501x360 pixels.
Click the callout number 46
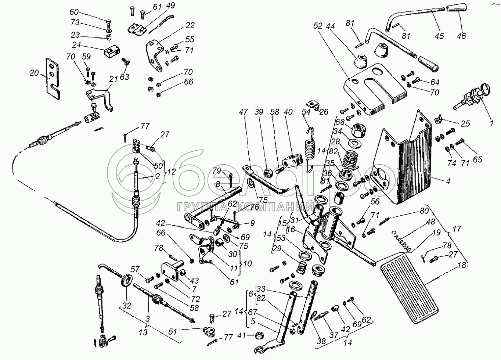coord(461,36)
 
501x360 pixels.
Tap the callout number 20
coord(34,73)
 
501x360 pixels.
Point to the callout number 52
coord(318,26)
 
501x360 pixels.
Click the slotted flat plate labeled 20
coord(53,78)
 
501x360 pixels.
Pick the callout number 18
coord(462,265)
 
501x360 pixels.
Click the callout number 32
coord(127,306)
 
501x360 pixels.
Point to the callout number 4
coord(448,181)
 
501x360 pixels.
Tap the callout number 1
coord(491,123)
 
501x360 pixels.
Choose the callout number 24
coord(76,45)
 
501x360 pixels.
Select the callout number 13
coord(143,332)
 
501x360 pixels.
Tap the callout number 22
coord(190,25)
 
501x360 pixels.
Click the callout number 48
coord(430,222)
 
